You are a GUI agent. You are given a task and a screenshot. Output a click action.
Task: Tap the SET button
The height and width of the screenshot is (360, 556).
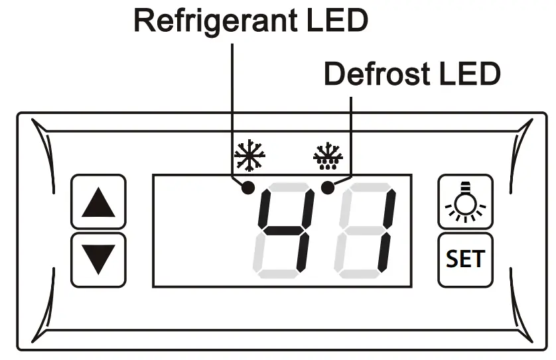click(465, 259)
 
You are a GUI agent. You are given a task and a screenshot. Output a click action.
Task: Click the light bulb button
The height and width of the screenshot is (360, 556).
click(465, 202)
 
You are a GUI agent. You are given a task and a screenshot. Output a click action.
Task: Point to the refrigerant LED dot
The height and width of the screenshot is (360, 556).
click(248, 188)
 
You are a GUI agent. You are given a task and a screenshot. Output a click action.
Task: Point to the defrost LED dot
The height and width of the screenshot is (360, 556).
click(326, 188)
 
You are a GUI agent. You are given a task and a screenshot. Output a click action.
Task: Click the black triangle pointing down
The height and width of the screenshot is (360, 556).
click(98, 259)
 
